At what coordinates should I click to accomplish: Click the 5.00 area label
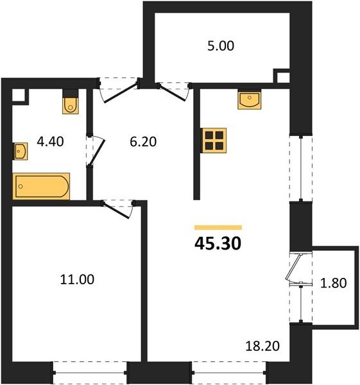click(221, 46)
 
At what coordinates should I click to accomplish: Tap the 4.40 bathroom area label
click(50, 142)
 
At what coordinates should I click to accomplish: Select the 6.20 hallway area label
click(143, 142)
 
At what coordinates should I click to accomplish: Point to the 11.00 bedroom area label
click(77, 279)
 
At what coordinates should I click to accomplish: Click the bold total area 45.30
click(218, 244)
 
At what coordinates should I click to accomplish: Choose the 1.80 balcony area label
click(334, 282)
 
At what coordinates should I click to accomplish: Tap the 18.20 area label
click(262, 346)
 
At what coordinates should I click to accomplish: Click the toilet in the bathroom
click(71, 101)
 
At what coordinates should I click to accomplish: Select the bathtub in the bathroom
click(41, 186)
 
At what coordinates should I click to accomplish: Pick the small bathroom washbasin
click(20, 151)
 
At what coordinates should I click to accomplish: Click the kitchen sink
click(249, 99)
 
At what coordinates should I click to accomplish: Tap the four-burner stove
click(214, 141)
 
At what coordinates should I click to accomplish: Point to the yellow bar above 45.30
click(218, 227)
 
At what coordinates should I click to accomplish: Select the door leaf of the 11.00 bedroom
click(116, 210)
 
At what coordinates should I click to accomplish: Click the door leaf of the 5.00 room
click(172, 92)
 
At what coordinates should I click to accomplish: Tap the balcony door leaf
click(293, 266)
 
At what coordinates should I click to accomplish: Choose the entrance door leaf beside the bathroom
click(121, 94)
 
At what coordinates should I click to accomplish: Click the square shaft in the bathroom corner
click(20, 97)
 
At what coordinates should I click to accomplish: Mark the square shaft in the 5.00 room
click(282, 76)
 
